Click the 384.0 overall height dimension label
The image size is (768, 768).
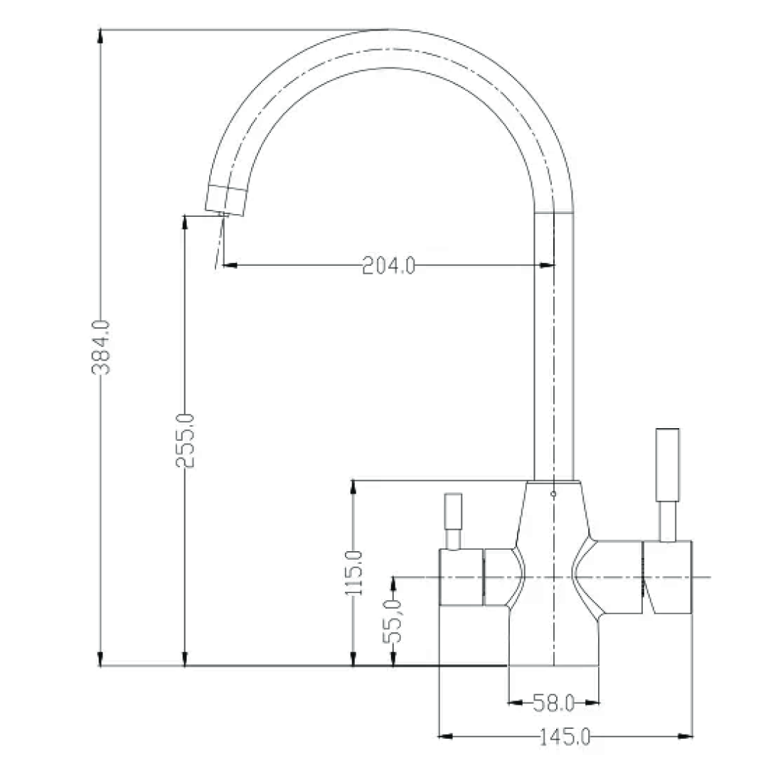(102, 347)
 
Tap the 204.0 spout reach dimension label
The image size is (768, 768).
(389, 266)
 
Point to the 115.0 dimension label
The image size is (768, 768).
(353, 573)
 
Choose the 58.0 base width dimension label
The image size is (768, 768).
(553, 704)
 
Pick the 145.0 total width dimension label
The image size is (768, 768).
(565, 737)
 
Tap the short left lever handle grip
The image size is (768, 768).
(453, 511)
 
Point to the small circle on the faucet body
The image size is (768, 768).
(553, 492)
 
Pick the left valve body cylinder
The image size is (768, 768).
(462, 577)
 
